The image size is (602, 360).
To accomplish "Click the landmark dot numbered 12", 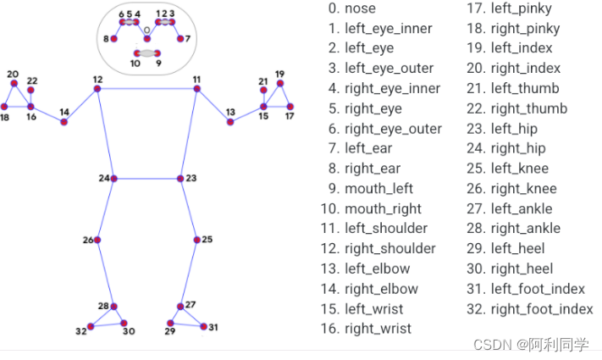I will pyautogui.click(x=98, y=89).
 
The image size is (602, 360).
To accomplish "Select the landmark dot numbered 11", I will pyautogui.click(x=196, y=89).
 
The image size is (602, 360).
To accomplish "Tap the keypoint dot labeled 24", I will pyautogui.click(x=113, y=178).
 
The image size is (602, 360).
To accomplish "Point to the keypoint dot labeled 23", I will pyautogui.click(x=180, y=178).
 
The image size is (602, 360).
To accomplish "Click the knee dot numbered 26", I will pyautogui.click(x=98, y=241).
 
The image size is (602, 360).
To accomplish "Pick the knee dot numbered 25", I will pyautogui.click(x=196, y=241).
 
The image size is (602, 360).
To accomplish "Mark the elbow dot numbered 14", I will pyautogui.click(x=64, y=122).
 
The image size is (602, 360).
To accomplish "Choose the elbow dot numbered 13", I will pyautogui.click(x=230, y=122).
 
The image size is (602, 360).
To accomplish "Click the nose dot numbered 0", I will pyautogui.click(x=147, y=39).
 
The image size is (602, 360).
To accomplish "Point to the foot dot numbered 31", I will pyautogui.click(x=202, y=326).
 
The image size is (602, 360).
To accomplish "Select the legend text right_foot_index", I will pyautogui.click(x=541, y=308).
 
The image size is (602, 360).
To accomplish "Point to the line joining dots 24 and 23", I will pyautogui.click(x=147, y=178).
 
